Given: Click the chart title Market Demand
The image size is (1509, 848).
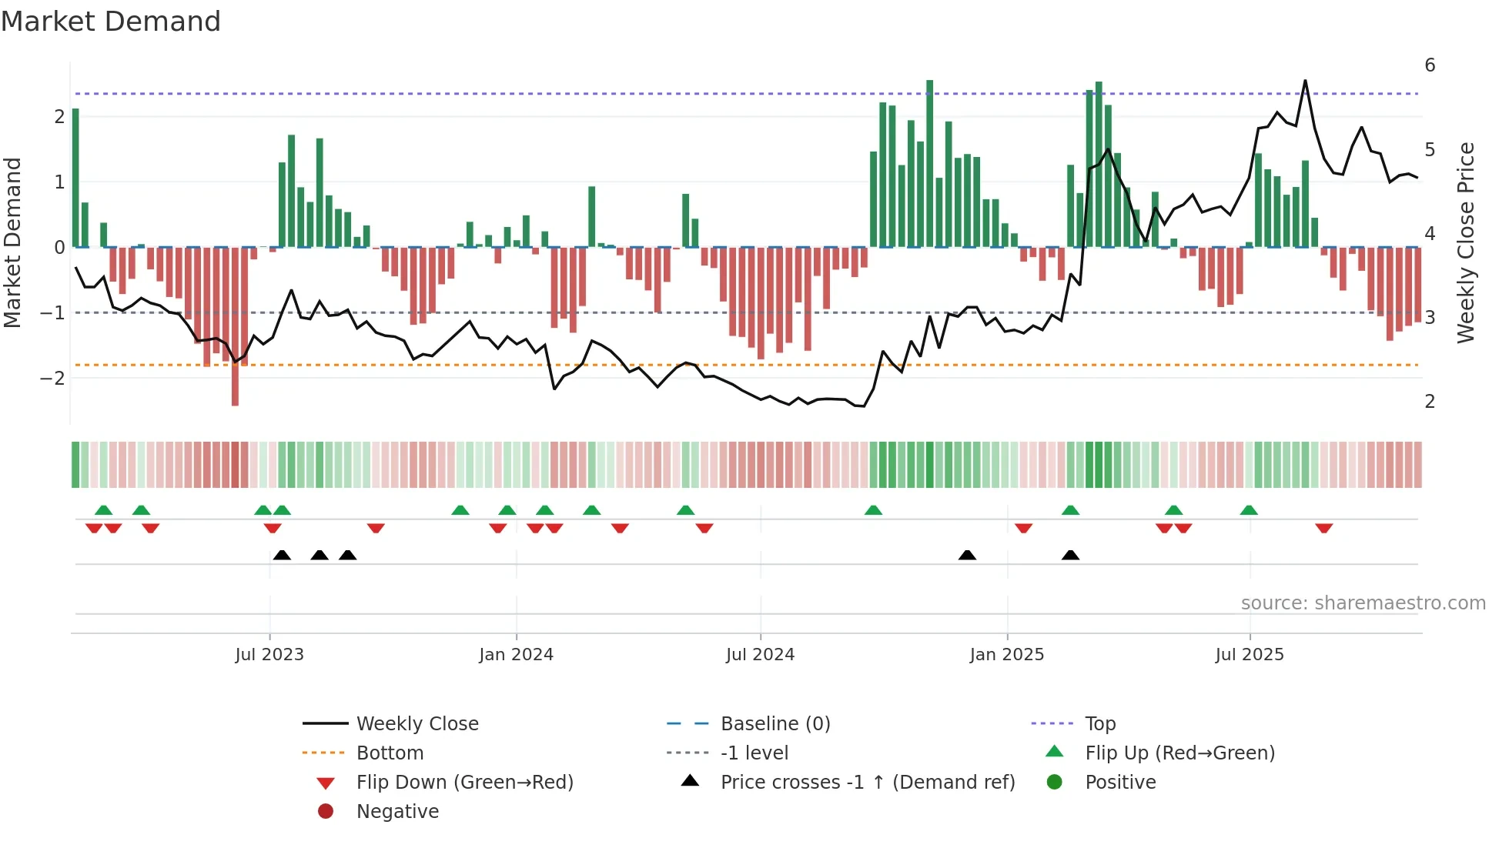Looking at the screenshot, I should coord(111,22).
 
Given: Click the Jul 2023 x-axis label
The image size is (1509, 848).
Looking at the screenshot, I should coord(269,655).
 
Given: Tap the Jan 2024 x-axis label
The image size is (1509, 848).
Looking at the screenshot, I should coord(516,655).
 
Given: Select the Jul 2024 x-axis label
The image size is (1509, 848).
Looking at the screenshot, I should coord(760,655).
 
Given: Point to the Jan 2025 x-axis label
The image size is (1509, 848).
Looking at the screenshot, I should coord(1006,655).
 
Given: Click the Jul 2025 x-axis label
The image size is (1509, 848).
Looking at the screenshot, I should coord(1250,655).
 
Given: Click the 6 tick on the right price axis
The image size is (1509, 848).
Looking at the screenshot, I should coord(1430,65).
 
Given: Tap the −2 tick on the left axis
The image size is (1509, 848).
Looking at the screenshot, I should coord(53,379).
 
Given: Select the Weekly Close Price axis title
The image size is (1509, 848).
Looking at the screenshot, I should coord(1466,242).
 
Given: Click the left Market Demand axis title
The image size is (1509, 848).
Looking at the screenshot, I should coord(12,242).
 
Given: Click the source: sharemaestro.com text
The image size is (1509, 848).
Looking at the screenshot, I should coord(1363,603).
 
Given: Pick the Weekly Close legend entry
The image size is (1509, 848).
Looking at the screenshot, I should coord(417,724).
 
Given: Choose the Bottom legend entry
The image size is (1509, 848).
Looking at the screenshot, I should coord(390,753).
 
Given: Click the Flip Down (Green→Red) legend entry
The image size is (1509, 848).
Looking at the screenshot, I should coord(464,783).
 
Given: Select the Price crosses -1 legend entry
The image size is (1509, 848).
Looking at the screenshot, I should coord(867,783).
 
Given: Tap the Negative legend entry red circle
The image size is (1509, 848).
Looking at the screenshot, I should coord(326,812).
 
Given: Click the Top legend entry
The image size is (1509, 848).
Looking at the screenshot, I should coord(1100,724).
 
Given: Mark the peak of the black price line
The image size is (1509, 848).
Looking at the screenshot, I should coord(1305,81).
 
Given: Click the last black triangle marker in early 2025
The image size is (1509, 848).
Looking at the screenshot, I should coord(1070,556).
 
